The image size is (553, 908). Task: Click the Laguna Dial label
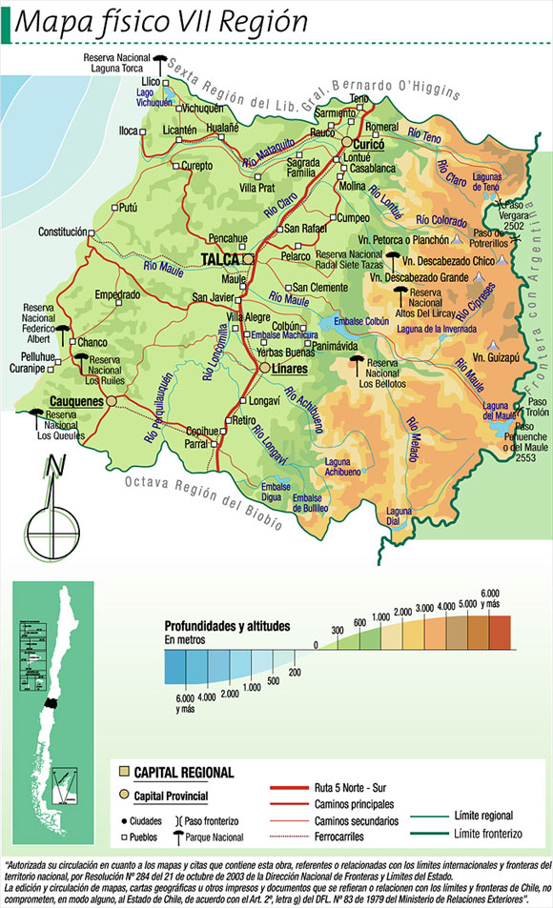pyautogui.click(x=399, y=515)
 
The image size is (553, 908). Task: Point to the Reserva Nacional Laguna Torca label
pyautogui.click(x=117, y=63)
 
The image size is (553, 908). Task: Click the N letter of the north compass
pyautogui.click(x=55, y=466)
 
